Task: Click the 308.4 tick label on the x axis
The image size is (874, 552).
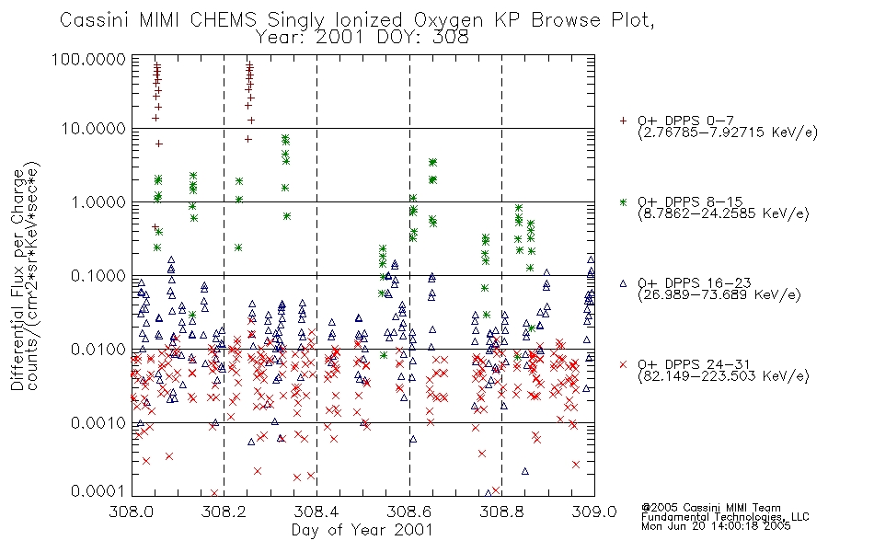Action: tap(316, 512)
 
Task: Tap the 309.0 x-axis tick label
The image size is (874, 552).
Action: tap(594, 512)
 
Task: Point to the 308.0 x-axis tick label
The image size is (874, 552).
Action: tap(132, 512)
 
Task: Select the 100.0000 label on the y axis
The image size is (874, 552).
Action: tap(89, 59)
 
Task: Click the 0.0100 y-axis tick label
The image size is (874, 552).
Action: tap(98, 350)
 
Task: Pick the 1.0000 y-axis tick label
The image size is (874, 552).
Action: tap(98, 202)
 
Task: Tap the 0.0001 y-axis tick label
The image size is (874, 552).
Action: tap(98, 491)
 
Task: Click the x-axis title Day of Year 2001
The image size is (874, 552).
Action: tap(362, 530)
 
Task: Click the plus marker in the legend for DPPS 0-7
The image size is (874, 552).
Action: tap(623, 121)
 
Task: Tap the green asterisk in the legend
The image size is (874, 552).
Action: tap(623, 201)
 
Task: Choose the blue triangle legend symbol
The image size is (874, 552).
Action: tap(623, 283)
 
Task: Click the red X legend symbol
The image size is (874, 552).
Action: tap(623, 364)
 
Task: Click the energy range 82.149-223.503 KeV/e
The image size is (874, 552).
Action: tap(723, 376)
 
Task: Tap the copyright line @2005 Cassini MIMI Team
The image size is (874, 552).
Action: tap(711, 508)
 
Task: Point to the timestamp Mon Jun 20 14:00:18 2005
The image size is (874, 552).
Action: tap(716, 526)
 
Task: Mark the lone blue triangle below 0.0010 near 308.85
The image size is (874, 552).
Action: tap(525, 471)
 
